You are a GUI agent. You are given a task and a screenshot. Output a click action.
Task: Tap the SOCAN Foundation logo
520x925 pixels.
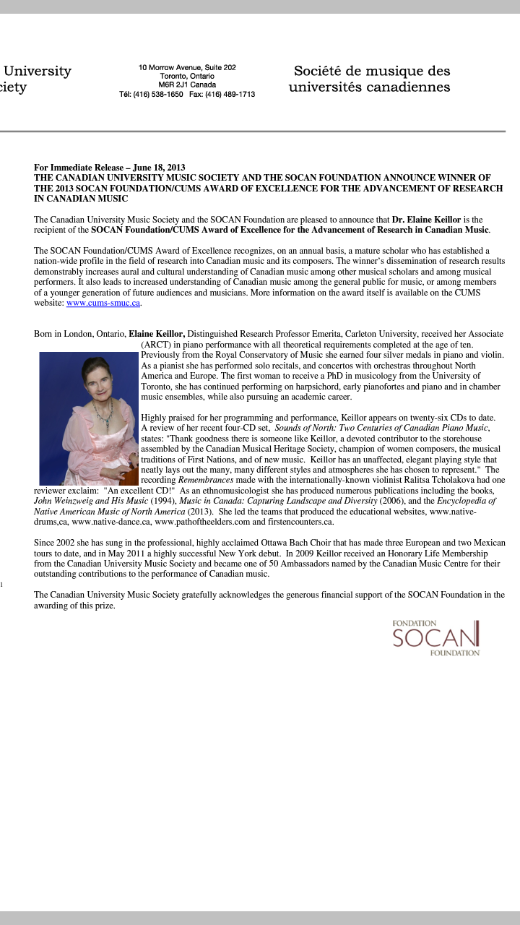coord(436,637)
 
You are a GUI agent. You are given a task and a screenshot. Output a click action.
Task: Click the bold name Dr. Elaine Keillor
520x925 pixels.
coord(427,220)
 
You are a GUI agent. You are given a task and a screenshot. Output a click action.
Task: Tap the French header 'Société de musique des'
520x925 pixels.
coord(371,72)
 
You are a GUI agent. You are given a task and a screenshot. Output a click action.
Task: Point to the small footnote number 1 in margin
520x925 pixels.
coord(2,584)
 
